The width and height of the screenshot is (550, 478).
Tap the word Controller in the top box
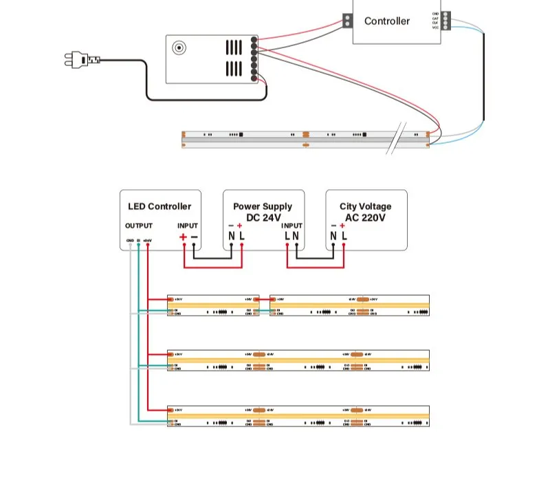pyautogui.click(x=387, y=21)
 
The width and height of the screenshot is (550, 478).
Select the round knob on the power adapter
pyautogui.click(x=179, y=48)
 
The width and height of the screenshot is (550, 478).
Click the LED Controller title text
pyautogui.click(x=159, y=206)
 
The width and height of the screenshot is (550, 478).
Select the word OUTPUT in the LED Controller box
pyautogui.click(x=139, y=226)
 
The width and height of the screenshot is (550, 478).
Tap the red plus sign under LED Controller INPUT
pyautogui.click(x=183, y=237)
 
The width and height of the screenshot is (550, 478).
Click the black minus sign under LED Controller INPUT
pyautogui.click(x=194, y=237)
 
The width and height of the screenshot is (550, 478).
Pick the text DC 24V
pyautogui.click(x=263, y=217)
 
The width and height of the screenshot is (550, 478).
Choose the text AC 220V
pyautogui.click(x=365, y=217)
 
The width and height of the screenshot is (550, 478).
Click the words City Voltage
pyautogui.click(x=365, y=206)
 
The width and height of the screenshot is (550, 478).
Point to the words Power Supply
pyautogui.click(x=263, y=206)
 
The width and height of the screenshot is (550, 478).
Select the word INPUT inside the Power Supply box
pyautogui.click(x=291, y=226)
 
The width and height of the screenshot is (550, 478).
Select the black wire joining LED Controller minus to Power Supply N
pyautogui.click(x=213, y=258)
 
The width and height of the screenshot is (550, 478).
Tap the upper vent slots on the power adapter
pyautogui.click(x=234, y=47)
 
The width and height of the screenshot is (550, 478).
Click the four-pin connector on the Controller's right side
pyautogui.click(x=445, y=20)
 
